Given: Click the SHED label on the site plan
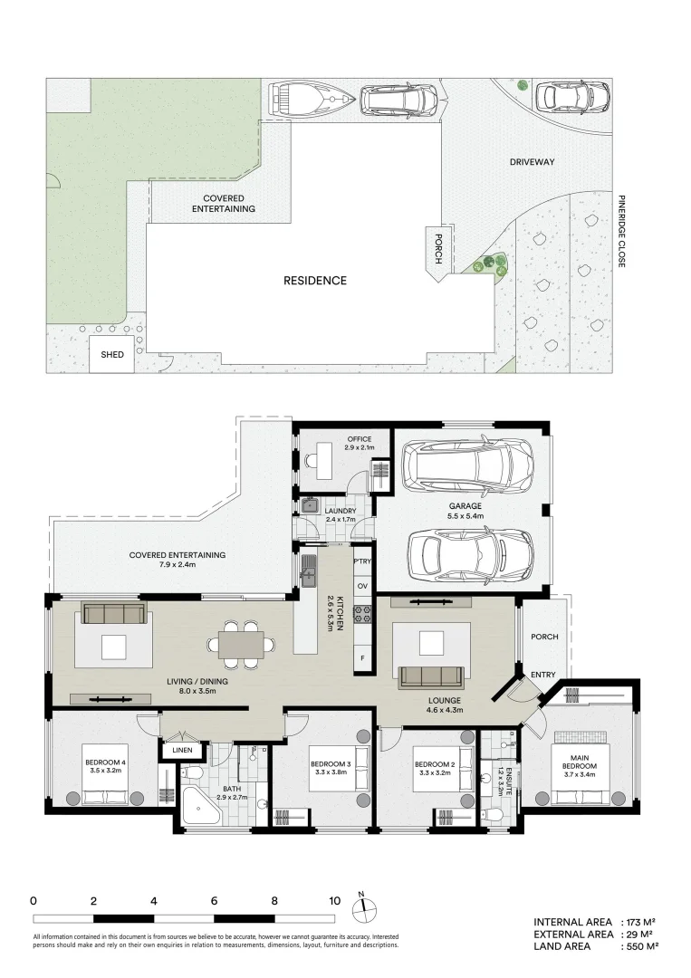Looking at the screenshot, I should pyautogui.click(x=112, y=355).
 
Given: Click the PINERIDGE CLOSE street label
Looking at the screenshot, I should pyautogui.click(x=622, y=230).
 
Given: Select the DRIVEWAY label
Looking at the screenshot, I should pyautogui.click(x=532, y=163).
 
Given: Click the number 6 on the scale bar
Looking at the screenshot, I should pyautogui.click(x=214, y=901).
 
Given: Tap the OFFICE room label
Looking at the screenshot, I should pyautogui.click(x=334, y=439).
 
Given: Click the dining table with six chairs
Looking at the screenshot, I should pyautogui.click(x=242, y=644).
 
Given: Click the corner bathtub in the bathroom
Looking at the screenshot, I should pyautogui.click(x=198, y=804).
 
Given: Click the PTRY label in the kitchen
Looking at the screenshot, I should pyautogui.click(x=362, y=561).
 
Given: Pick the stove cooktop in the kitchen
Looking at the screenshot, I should pyautogui.click(x=362, y=615).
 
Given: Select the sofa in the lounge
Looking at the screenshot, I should pyautogui.click(x=430, y=676).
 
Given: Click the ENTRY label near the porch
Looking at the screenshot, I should pyautogui.click(x=544, y=674).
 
